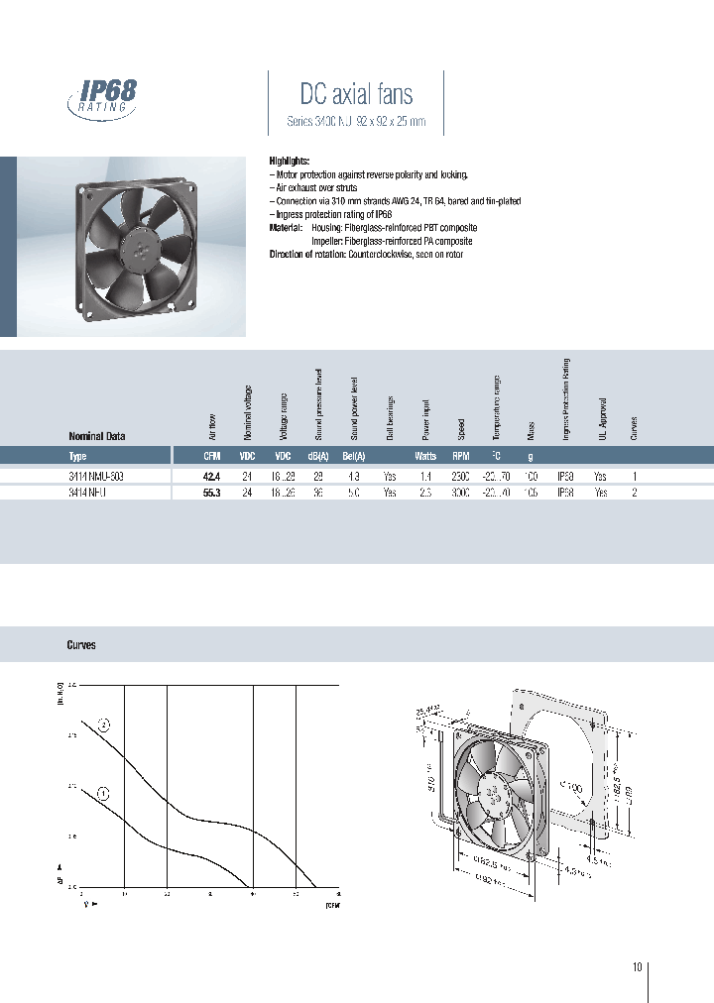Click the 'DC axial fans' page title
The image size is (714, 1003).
click(356, 94)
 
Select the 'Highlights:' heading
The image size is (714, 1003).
click(290, 161)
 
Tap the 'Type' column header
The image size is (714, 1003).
click(78, 457)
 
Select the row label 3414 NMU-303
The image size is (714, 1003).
click(96, 477)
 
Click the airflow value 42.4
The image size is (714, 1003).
click(211, 477)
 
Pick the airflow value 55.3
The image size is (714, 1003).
click(211, 493)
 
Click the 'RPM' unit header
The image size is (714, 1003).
click(460, 457)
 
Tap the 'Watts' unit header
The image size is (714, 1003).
click(425, 457)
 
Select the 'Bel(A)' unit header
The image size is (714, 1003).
click(354, 457)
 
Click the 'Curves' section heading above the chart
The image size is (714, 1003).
click(81, 645)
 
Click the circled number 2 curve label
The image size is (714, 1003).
click(103, 725)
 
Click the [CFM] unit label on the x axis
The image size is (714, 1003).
click(332, 904)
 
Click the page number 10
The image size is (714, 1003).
click(637, 967)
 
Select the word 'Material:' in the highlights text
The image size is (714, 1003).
click(288, 228)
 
